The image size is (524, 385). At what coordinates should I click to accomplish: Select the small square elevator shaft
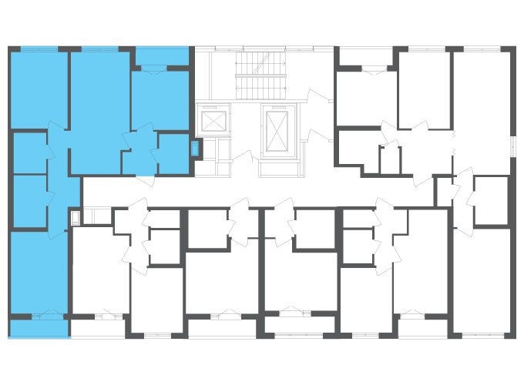point(213,121)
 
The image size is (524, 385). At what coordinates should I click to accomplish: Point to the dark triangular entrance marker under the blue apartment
point(145,180)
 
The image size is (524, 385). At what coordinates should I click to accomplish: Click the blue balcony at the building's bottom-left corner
point(39,329)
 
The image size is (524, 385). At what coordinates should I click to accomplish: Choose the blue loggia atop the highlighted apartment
point(162,56)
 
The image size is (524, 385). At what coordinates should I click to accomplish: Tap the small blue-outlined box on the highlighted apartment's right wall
point(194,148)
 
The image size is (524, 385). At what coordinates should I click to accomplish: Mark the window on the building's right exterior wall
point(513,146)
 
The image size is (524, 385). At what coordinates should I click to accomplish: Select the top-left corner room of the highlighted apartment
point(39,89)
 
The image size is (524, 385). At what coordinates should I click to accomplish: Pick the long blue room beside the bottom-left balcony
point(39,273)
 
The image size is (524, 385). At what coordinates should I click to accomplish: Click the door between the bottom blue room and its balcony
point(51,316)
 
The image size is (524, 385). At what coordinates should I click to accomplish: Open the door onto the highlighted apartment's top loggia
point(153,70)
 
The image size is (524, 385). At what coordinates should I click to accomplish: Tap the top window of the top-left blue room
point(39,49)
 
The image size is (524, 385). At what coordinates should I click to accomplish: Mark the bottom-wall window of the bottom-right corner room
point(482,336)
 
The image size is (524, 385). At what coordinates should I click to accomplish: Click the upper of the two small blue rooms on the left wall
point(29,152)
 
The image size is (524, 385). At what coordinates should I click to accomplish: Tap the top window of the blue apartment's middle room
point(99,49)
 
